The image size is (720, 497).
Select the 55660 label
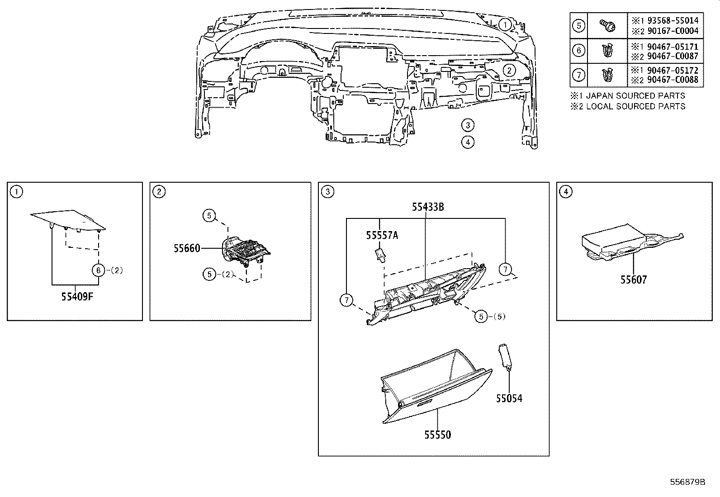187,248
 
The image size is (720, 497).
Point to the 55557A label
382,235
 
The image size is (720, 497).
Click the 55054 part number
509,398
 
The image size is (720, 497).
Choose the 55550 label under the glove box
437,435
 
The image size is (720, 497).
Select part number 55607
633,279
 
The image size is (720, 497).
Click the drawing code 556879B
687,482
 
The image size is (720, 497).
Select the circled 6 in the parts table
578,50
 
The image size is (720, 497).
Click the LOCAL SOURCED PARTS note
635,106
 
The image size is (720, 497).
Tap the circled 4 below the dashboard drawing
468,142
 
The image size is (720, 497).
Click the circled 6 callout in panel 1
98,270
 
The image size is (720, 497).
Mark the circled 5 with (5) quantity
481,317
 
